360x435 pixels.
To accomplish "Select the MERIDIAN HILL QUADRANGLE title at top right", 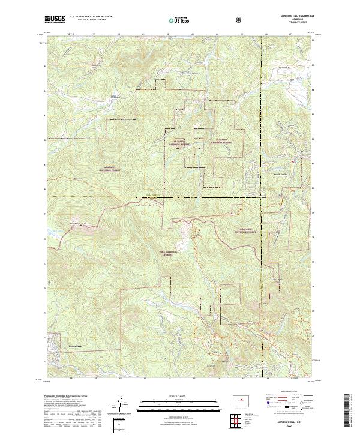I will (292, 16).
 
